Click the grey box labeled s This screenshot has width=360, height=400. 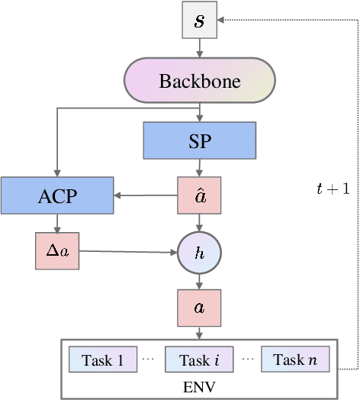pyautogui.click(x=199, y=20)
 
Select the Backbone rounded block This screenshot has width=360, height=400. pyautogui.click(x=199, y=81)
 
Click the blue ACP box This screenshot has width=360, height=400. pyautogui.click(x=57, y=195)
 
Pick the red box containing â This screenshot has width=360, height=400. pyautogui.click(x=199, y=195)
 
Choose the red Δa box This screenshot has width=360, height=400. pyautogui.click(x=57, y=250)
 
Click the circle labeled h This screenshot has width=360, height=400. pyautogui.click(x=199, y=253)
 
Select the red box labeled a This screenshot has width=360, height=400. pyautogui.click(x=199, y=308)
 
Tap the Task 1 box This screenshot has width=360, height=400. pyautogui.click(x=103, y=360)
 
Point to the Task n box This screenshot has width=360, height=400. pyautogui.click(x=295, y=360)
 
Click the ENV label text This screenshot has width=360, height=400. pyautogui.click(x=199, y=387)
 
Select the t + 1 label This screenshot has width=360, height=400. pyautogui.click(x=333, y=189)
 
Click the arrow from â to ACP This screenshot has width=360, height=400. pyautogui.click(x=145, y=195)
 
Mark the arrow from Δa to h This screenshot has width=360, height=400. pyautogui.click(x=127, y=251)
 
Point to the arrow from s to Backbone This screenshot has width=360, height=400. pyautogui.click(x=199, y=48)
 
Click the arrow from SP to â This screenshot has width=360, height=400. pyautogui.click(x=199, y=167)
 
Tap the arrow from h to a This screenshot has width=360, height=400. pyautogui.click(x=199, y=280)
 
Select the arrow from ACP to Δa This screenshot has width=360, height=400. pyautogui.click(x=57, y=223)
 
